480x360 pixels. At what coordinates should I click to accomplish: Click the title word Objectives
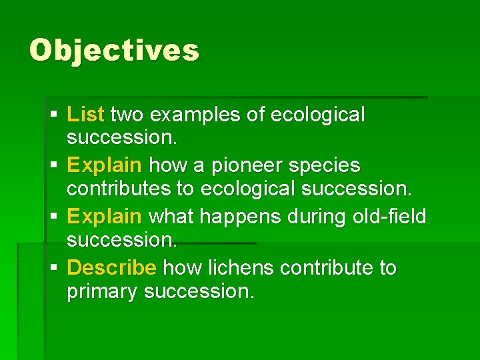(114, 50)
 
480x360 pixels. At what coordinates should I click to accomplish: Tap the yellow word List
(85, 115)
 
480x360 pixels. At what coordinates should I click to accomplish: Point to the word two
(127, 115)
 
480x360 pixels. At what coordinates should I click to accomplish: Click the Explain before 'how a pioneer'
(105, 165)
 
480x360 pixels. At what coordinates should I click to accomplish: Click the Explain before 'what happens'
(105, 217)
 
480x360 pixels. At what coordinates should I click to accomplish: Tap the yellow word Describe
(112, 267)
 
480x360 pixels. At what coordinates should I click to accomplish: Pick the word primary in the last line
(103, 292)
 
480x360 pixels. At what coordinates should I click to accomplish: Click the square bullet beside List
(53, 115)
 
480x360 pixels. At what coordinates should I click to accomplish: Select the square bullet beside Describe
(53, 268)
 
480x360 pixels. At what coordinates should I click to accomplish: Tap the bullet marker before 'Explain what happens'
(53, 217)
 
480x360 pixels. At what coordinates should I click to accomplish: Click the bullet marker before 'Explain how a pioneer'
(53, 165)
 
